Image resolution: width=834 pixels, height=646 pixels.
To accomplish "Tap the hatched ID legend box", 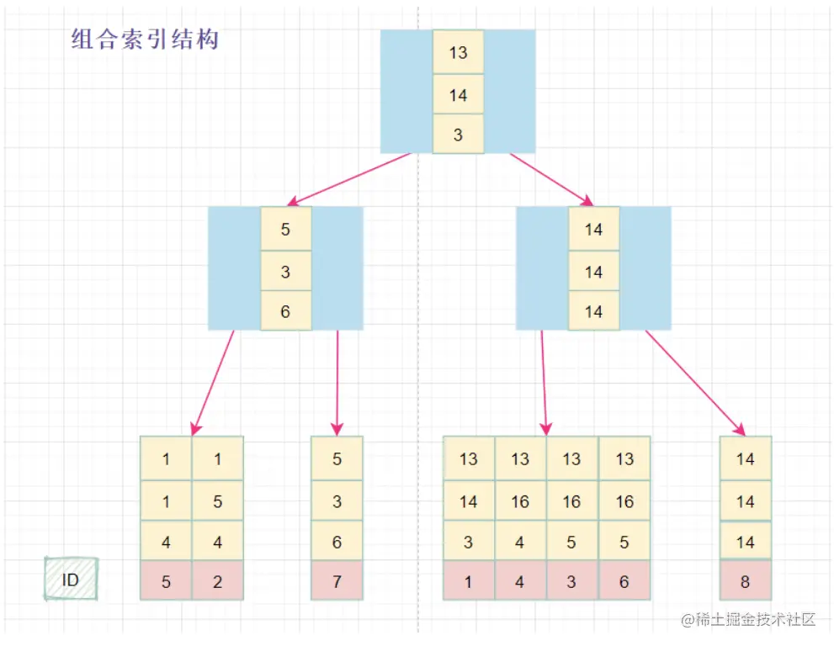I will click(71, 579).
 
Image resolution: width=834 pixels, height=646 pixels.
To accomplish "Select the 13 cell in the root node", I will click(458, 52).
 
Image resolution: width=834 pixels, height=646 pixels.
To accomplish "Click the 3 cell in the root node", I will click(458, 135).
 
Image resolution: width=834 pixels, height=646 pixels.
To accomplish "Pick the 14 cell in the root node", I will click(458, 94).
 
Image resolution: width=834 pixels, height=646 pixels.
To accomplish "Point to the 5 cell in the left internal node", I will click(285, 229).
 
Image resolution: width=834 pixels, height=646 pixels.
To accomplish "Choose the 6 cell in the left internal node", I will click(285, 311).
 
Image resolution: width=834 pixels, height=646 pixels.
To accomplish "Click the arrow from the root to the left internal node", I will click(349, 179).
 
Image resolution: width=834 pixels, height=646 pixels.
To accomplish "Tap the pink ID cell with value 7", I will click(337, 580).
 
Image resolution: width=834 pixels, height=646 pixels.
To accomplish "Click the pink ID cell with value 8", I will click(746, 580).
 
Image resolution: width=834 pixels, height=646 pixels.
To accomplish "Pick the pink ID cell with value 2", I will click(218, 580).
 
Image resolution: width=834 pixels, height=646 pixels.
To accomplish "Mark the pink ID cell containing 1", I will click(469, 580).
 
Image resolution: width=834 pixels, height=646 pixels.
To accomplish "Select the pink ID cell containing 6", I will click(624, 580).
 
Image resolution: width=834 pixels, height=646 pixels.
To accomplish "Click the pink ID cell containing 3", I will click(571, 580).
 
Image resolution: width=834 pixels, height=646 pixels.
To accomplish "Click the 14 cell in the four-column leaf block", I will click(469, 501).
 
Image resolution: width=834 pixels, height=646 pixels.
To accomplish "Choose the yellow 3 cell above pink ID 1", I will click(469, 542).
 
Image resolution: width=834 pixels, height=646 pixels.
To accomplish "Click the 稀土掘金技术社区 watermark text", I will click(749, 621).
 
